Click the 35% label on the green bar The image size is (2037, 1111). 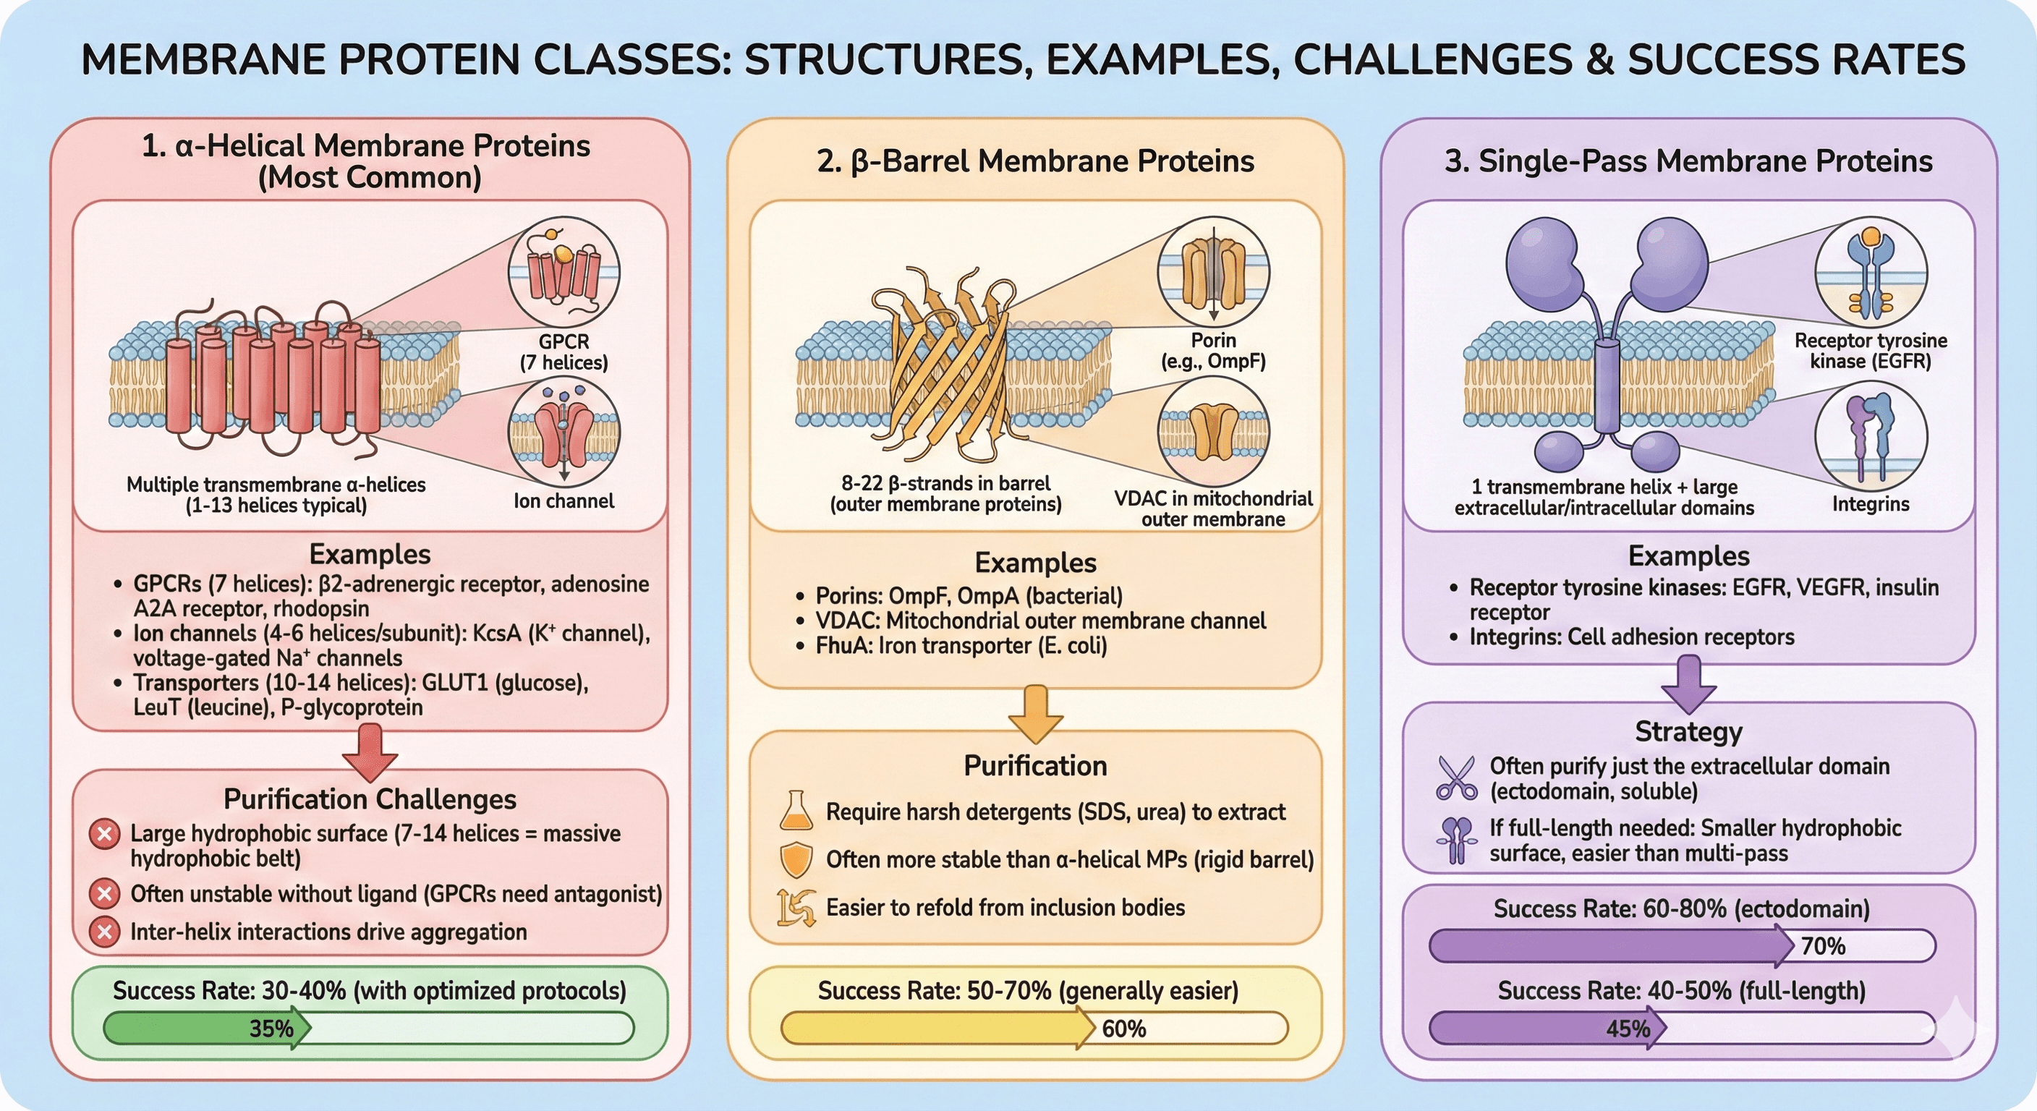pyautogui.click(x=271, y=1028)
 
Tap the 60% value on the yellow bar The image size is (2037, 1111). pyautogui.click(x=1123, y=1028)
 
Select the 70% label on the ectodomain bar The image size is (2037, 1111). pyautogui.click(x=1823, y=946)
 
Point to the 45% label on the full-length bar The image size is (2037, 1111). pyautogui.click(x=1628, y=1028)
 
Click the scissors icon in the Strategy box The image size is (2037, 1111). pyautogui.click(x=1456, y=778)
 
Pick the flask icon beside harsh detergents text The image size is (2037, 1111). pyautogui.click(x=796, y=812)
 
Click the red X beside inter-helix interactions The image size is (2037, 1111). pyautogui.click(x=103, y=932)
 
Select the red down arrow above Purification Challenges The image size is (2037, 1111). pyautogui.click(x=370, y=752)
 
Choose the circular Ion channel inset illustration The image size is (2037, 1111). pyautogui.click(x=563, y=433)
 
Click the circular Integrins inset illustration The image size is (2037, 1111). pyautogui.click(x=1870, y=436)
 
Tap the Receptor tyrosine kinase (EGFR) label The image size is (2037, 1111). pyautogui.click(x=1870, y=350)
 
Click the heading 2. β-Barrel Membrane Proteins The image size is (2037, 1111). pyautogui.click(x=1035, y=161)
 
